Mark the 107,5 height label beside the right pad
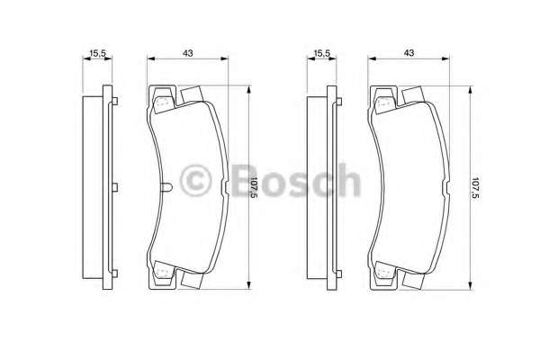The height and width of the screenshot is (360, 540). tap(476, 187)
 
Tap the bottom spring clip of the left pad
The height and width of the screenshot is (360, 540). tap(162, 270)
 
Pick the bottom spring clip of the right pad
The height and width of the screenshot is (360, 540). tap(384, 270)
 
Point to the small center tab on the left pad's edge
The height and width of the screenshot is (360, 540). tap(169, 188)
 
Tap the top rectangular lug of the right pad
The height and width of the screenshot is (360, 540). tap(415, 94)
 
